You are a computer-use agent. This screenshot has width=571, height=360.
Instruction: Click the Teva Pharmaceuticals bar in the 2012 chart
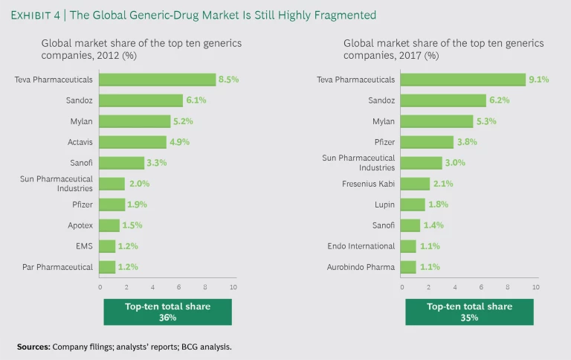[x=157, y=80]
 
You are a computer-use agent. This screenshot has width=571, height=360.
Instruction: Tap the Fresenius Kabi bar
[x=415, y=184]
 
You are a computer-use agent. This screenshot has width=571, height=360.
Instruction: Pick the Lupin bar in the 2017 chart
[x=413, y=205]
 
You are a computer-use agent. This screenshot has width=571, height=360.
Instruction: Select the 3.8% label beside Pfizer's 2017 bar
[x=465, y=142]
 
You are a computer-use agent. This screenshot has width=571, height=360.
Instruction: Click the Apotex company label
[x=79, y=225]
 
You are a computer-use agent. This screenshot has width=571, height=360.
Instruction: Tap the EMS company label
[x=86, y=246]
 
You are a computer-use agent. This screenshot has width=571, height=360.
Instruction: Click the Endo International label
[x=361, y=246]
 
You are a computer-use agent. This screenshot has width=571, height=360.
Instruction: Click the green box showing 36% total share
[x=167, y=312]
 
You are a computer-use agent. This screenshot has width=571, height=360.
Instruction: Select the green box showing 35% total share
[x=468, y=312]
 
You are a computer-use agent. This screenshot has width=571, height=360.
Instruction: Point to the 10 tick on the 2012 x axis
[x=233, y=286]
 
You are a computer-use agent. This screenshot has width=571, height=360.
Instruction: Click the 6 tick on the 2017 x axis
[x=481, y=286]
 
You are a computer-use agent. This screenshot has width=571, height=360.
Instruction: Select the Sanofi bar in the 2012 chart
[x=122, y=163]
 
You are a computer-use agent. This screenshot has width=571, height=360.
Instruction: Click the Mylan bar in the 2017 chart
[x=436, y=121]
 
